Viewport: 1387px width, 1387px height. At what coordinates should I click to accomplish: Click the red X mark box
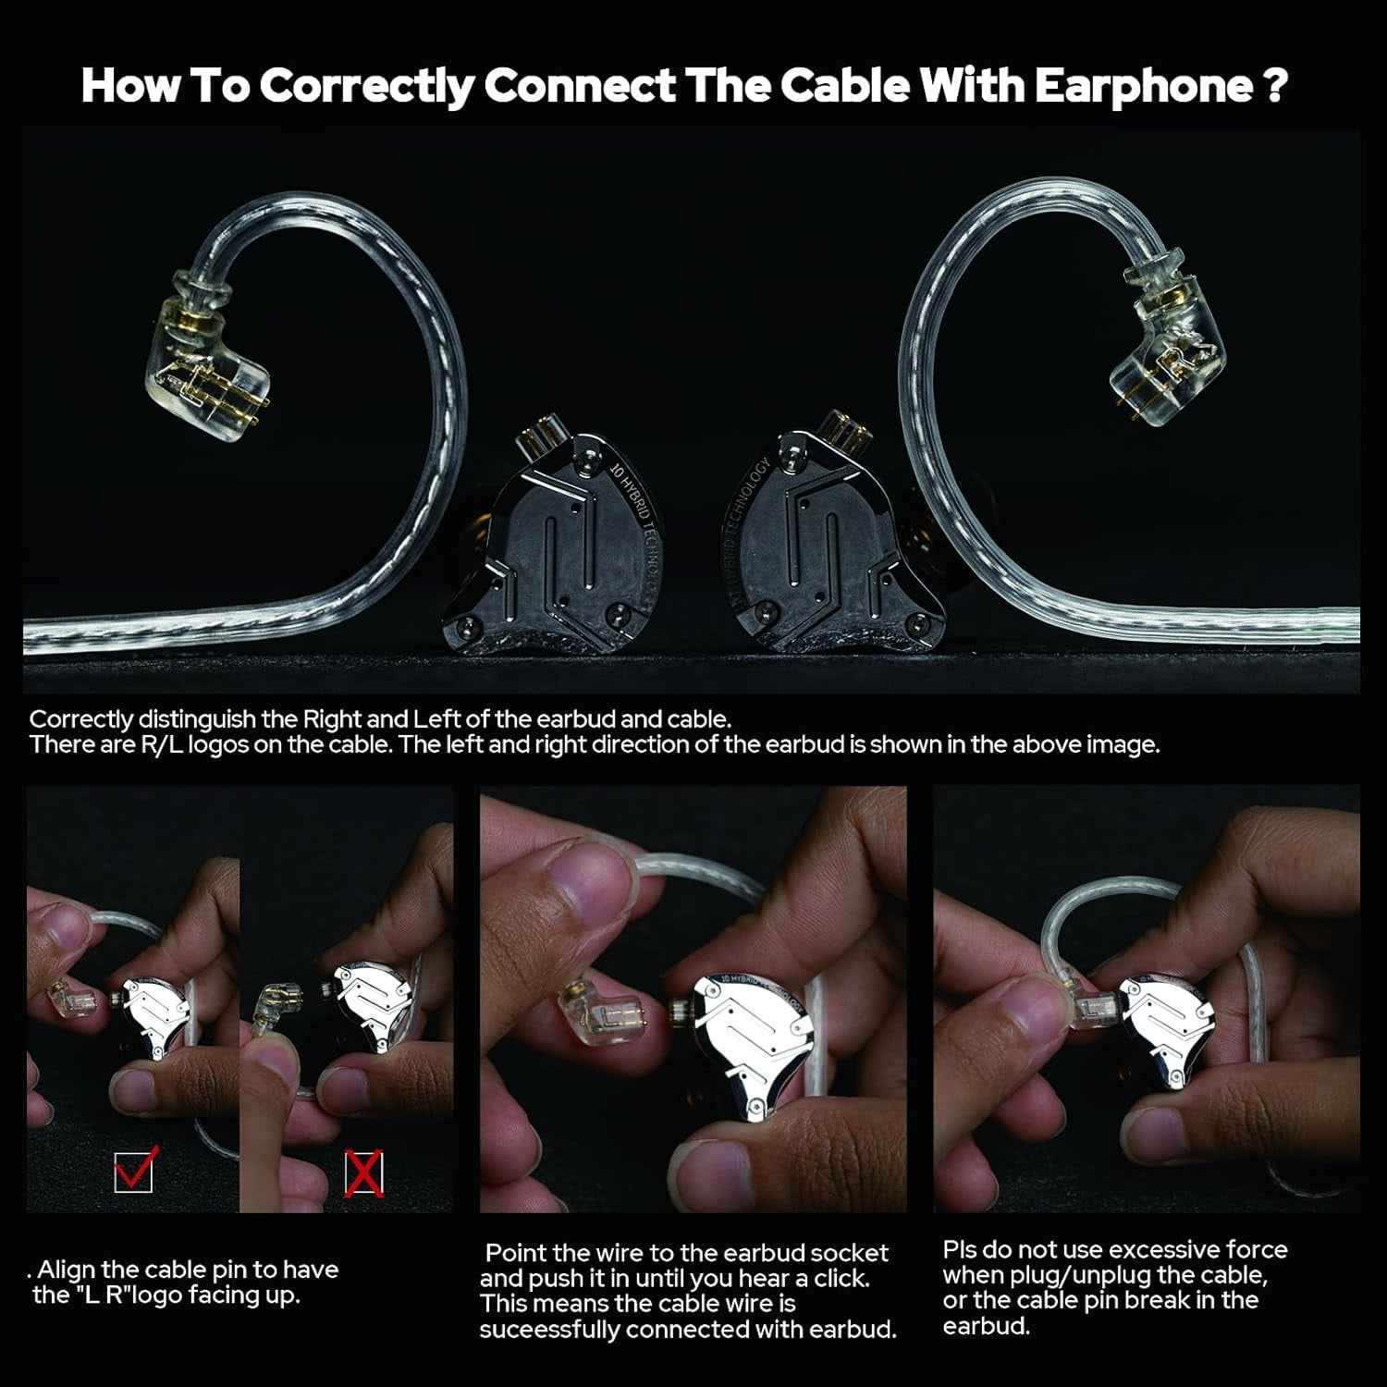pos(363,1173)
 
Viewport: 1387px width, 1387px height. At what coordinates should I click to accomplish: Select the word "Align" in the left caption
pos(67,1270)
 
